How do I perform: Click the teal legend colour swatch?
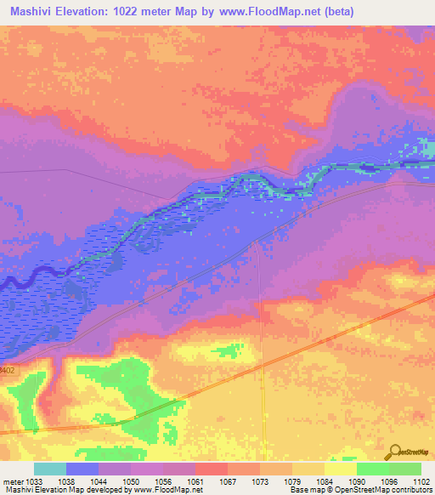tap(50, 469)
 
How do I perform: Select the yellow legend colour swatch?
tap(340, 469)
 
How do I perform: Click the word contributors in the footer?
tap(412, 490)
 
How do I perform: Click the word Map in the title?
tap(197, 12)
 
